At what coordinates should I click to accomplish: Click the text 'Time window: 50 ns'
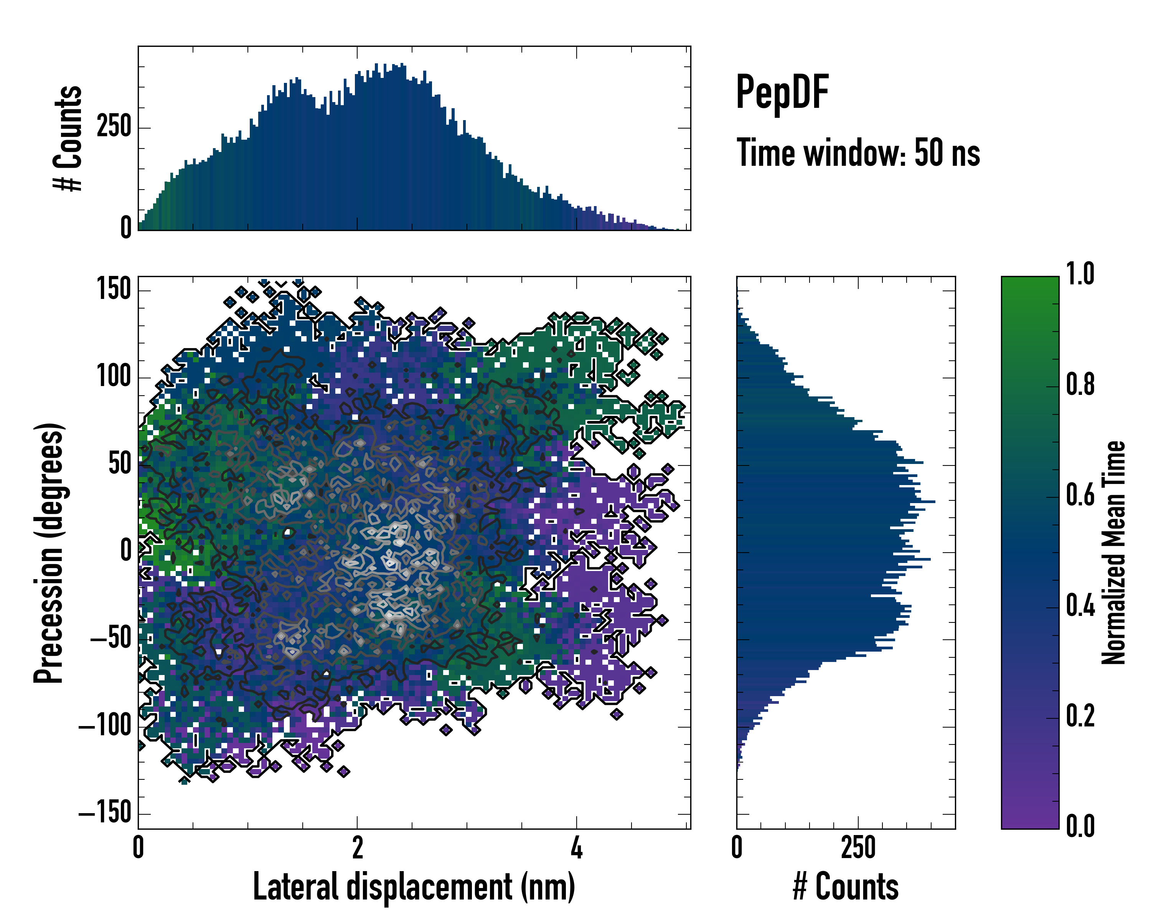pos(858,153)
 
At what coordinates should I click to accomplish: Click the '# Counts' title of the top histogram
pos(68,138)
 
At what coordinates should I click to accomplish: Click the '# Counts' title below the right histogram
pos(846,887)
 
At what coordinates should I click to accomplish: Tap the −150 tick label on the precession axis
pos(105,814)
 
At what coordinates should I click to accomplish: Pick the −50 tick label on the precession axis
pos(110,639)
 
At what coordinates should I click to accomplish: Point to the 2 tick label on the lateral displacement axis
pos(357,848)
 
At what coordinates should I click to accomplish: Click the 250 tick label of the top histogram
pos(114,128)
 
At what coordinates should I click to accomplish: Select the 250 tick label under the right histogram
pos(858,848)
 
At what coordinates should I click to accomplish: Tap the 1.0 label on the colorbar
pos(1080,274)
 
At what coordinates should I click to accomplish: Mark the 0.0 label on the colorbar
pos(1080,826)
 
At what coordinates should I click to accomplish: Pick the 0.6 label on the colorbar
pos(1080,495)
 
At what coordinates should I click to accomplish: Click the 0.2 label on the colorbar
pos(1080,716)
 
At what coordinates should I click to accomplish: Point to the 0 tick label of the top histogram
pos(126,228)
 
